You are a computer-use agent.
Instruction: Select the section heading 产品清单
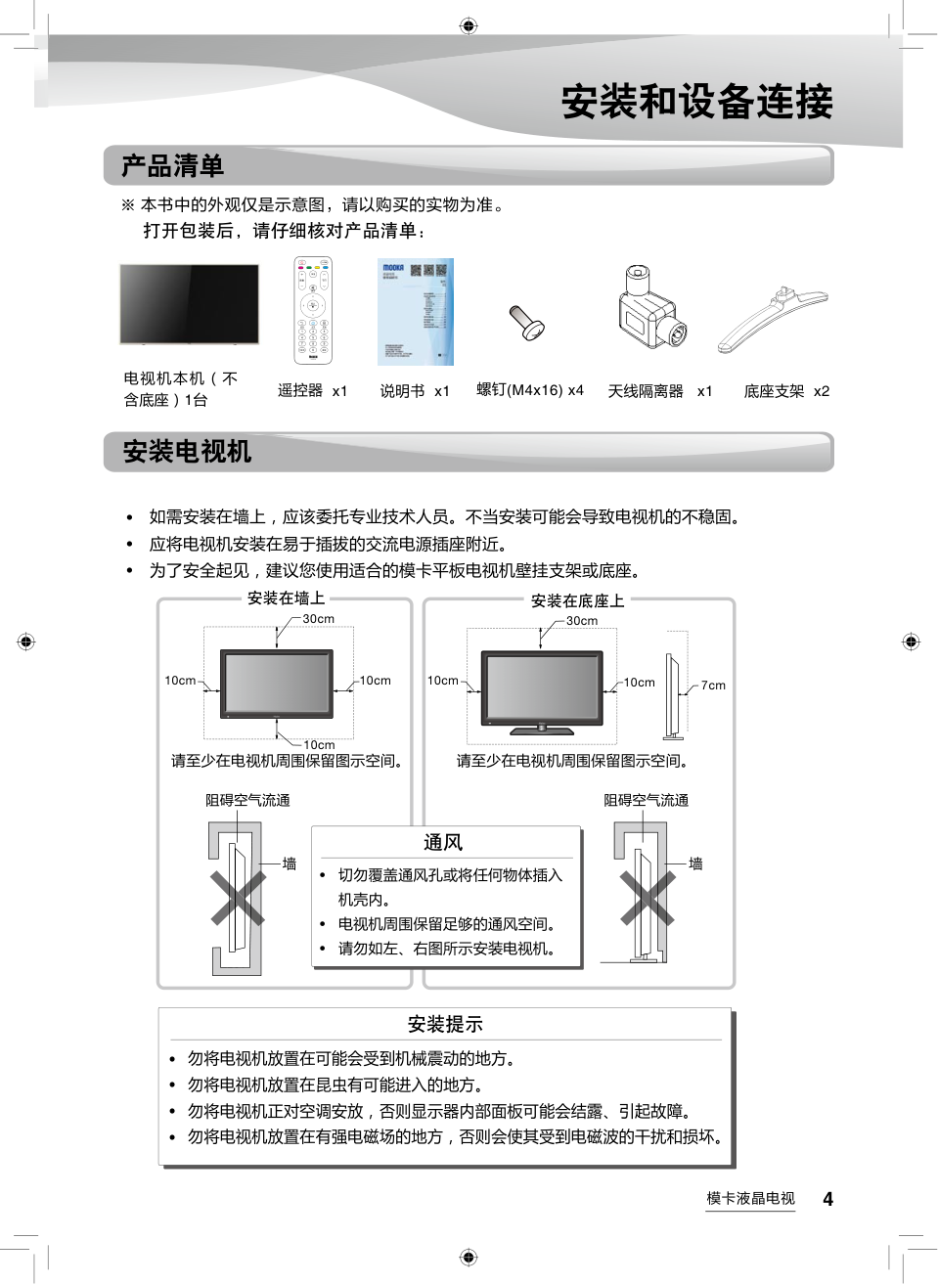[172, 166]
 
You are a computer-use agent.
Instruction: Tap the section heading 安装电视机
[187, 452]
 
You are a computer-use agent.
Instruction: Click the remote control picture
[313, 311]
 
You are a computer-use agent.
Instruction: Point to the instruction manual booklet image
[416, 311]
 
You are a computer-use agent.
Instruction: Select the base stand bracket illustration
[773, 319]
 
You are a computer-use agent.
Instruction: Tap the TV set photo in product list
[189, 304]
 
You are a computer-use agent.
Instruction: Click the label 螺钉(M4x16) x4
[529, 390]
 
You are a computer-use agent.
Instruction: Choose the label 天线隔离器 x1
[660, 391]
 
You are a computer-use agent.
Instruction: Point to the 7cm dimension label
[713, 686]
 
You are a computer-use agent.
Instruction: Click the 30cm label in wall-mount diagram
[318, 619]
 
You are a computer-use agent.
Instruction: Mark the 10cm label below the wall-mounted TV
[319, 745]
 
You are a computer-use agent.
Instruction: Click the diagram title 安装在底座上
[577, 600]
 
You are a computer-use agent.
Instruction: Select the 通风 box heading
[443, 843]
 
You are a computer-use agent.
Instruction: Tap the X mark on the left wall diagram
[238, 899]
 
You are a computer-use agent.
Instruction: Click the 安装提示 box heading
[445, 1025]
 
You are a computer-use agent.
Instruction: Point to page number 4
[827, 1200]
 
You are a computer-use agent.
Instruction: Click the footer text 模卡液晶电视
[750, 1199]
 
